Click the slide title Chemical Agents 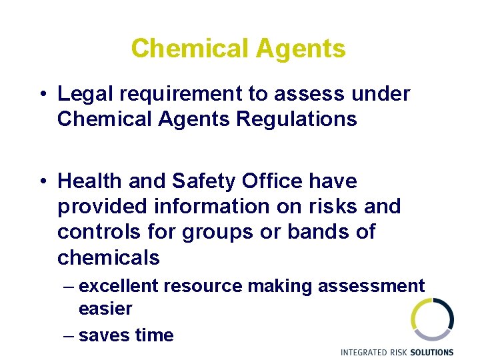tap(239, 49)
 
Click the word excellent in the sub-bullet tap(118, 286)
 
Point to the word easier tap(105, 309)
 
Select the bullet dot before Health tap(41, 181)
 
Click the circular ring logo tap(432, 319)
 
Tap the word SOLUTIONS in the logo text tap(431, 352)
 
